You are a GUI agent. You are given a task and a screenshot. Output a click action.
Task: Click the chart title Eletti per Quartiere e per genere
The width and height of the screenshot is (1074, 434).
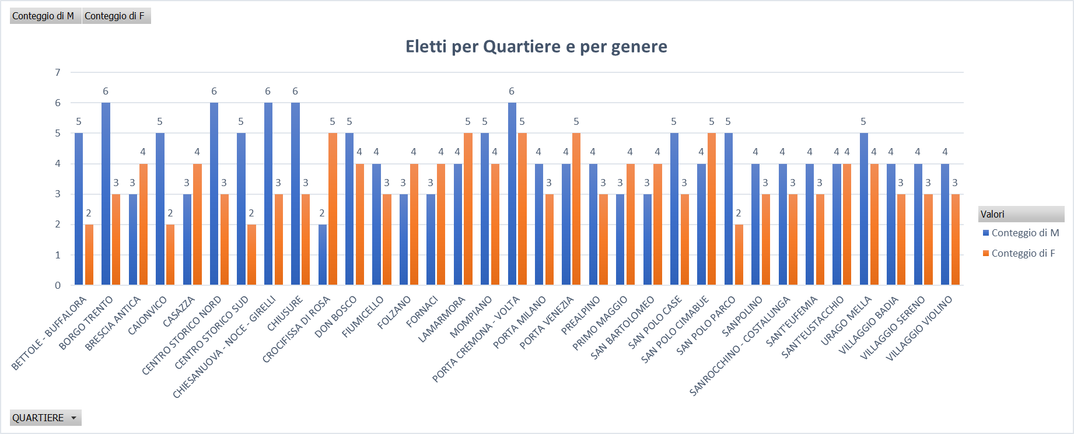tap(536, 46)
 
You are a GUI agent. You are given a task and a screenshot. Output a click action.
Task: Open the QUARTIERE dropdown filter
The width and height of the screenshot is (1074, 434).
tap(73, 418)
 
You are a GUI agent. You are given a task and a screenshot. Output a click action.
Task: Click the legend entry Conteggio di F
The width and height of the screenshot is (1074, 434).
tap(1023, 253)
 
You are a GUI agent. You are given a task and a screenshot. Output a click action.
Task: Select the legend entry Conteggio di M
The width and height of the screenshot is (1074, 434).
tap(1024, 233)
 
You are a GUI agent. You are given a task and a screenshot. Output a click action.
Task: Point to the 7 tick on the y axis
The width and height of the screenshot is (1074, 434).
tap(58, 72)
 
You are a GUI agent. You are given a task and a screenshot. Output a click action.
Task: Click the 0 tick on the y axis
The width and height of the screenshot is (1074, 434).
tap(58, 285)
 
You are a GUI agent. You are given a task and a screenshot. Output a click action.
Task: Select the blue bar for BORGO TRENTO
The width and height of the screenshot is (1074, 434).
tap(106, 194)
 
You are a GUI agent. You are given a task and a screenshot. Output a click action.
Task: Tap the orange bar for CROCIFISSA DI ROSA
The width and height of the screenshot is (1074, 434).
tap(333, 209)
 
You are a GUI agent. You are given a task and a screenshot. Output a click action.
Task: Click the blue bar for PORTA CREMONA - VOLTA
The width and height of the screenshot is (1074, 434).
tap(512, 194)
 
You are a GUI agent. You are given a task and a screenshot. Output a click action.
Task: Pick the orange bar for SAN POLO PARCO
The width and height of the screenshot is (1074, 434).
tap(739, 254)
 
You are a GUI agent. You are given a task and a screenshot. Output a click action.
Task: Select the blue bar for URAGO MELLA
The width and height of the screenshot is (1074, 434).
tap(863, 209)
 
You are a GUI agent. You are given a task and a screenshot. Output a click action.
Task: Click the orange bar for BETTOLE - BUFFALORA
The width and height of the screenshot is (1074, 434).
tap(89, 254)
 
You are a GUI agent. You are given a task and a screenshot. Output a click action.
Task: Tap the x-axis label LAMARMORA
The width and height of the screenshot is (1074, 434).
tap(442, 319)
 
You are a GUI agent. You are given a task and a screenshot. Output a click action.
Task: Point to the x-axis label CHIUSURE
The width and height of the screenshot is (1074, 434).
tap(285, 314)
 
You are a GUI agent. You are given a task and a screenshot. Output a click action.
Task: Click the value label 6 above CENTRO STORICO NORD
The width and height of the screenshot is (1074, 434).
tap(214, 91)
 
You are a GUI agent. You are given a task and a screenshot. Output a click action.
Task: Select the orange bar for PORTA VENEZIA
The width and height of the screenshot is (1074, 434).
tap(576, 209)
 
